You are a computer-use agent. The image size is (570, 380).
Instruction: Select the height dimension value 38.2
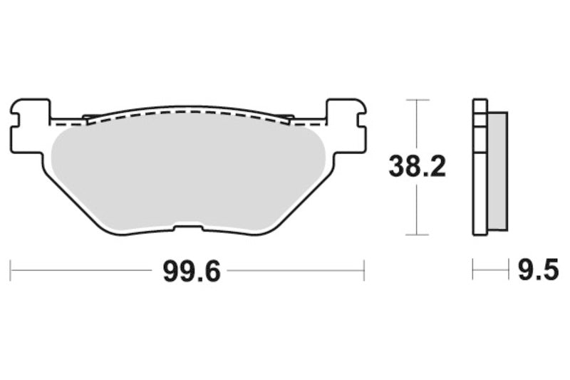[x=417, y=167]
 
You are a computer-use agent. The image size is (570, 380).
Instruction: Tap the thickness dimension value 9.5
[x=535, y=272]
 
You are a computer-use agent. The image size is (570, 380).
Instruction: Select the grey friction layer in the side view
[x=499, y=171]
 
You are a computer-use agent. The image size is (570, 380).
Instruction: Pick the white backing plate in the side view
[x=480, y=171]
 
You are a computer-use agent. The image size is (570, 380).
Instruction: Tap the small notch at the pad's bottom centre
[x=189, y=228]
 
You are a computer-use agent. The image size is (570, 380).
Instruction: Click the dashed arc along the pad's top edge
[x=189, y=112]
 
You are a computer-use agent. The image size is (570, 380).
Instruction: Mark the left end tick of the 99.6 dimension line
[x=11, y=270]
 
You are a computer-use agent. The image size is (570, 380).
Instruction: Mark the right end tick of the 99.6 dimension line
[x=364, y=270]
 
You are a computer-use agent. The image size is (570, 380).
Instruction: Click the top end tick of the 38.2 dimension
[x=417, y=100]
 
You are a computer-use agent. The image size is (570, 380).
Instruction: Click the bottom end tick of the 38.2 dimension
[x=417, y=235]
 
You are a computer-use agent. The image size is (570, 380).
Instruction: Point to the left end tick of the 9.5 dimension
[x=473, y=270]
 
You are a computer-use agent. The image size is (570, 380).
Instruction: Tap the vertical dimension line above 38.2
[x=417, y=125]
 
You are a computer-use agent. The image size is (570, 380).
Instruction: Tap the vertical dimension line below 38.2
[x=417, y=210]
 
